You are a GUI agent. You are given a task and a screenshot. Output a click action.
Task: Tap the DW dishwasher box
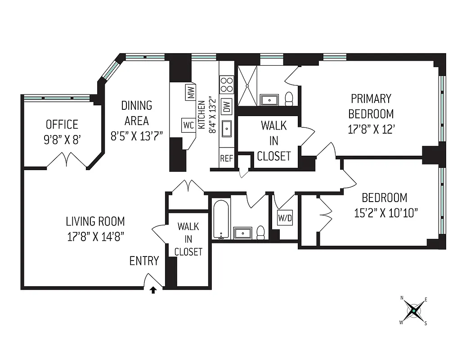tap(227, 105)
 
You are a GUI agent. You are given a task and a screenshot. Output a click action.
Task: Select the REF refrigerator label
tap(226, 159)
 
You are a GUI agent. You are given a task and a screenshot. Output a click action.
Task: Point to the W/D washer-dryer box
tap(285, 218)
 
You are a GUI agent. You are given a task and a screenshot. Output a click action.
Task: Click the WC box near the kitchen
tap(188, 125)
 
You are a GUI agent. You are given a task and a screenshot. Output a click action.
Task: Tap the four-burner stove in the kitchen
tap(226, 84)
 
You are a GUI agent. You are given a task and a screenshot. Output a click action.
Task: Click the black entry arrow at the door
tap(153, 290)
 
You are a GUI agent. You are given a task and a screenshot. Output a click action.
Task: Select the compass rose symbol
tap(413, 311)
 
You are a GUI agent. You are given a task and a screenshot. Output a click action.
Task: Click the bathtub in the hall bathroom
tap(221, 220)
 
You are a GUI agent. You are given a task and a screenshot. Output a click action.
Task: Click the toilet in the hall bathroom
tap(260, 232)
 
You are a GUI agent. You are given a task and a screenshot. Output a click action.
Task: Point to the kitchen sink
tap(227, 129)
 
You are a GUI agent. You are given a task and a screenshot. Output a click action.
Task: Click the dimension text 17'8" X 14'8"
tap(95, 235)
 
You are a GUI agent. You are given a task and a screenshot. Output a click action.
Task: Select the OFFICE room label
tap(62, 124)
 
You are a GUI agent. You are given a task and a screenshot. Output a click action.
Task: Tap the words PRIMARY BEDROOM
tap(371, 106)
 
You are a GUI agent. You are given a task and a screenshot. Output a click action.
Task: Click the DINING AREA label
tap(137, 113)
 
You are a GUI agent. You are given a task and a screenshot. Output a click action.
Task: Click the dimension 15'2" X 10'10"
tap(386, 212)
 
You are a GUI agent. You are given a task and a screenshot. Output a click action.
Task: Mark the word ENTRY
tap(144, 261)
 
